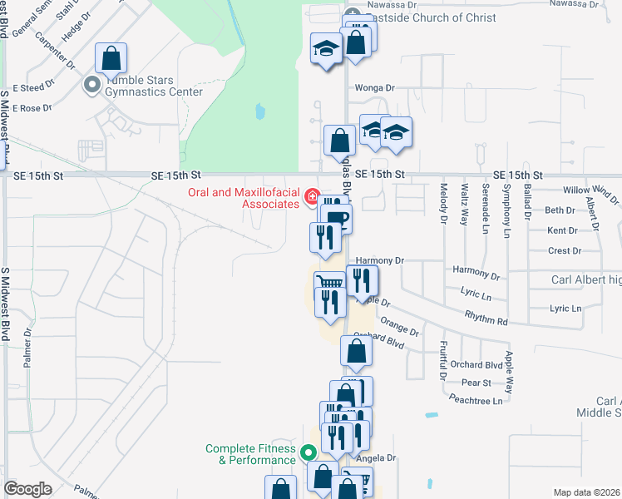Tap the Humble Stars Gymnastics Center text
[x=152, y=86]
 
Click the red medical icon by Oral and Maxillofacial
[x=312, y=197]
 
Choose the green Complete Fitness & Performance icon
[x=308, y=453]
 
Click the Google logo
[x=27, y=489]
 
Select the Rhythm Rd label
[x=486, y=320]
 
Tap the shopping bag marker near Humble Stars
[x=111, y=59]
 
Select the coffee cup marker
[x=337, y=219]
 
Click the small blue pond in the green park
[x=260, y=111]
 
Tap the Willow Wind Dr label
[x=590, y=190]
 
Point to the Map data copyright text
[x=586, y=492]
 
